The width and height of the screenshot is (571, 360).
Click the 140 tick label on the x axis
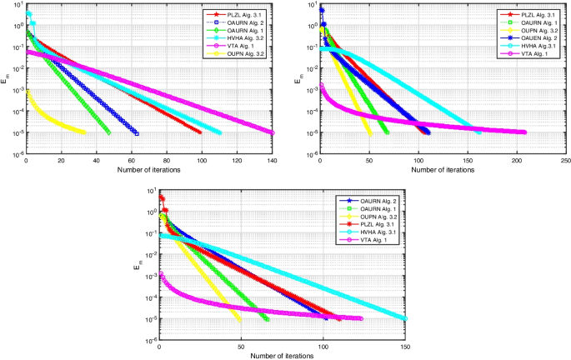[x=273, y=162]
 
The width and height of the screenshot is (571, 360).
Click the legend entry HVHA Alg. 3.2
[x=241, y=39]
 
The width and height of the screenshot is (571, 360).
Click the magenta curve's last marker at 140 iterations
[x=272, y=132]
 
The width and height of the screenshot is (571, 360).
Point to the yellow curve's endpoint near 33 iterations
[x=84, y=132]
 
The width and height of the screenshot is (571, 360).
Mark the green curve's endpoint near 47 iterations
[x=108, y=132]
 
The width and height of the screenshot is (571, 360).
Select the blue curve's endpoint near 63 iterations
[x=137, y=132]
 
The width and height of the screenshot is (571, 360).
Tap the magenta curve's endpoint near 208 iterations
[x=523, y=132]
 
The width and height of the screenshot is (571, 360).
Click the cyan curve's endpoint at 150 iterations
[x=405, y=318]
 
